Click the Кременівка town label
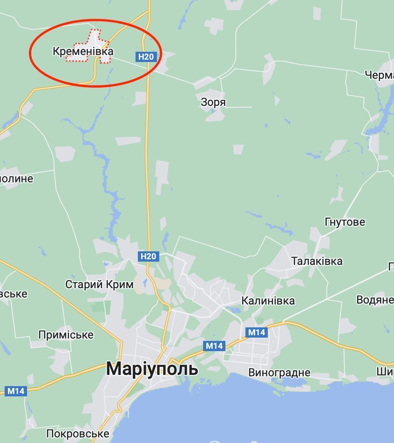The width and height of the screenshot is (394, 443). click(83, 51)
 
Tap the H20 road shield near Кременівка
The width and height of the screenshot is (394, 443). click(145, 57)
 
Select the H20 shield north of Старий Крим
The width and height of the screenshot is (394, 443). click(148, 256)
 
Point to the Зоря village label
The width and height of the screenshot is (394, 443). click(213, 102)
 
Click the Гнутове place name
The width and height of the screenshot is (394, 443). click(345, 222)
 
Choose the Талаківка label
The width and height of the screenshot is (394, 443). click(317, 261)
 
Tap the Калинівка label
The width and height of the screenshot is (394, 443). click(268, 301)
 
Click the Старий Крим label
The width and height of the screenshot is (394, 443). click(99, 284)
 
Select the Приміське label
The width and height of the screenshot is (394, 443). click(66, 335)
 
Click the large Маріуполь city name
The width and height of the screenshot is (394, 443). click(152, 369)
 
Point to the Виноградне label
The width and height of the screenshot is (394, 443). click(279, 373)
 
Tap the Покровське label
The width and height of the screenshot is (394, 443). click(78, 434)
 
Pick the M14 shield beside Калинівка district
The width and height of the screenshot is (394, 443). click(256, 332)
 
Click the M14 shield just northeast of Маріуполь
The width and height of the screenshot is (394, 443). click(214, 346)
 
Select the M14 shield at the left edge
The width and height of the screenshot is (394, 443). click(16, 391)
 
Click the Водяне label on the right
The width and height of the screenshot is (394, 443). click(374, 300)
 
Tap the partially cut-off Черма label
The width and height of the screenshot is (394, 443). click(379, 75)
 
